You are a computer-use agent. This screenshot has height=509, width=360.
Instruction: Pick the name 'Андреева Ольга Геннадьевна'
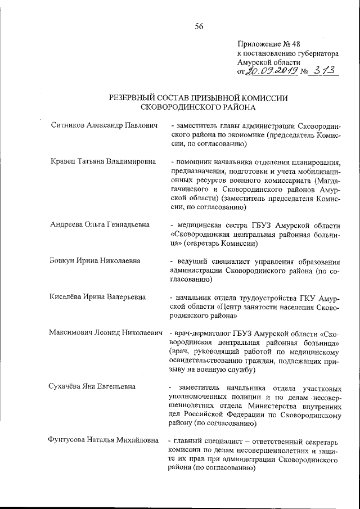coord(99,225)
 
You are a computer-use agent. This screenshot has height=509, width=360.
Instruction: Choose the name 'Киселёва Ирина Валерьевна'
coord(97,297)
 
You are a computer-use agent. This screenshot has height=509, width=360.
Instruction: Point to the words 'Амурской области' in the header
coord(268,62)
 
